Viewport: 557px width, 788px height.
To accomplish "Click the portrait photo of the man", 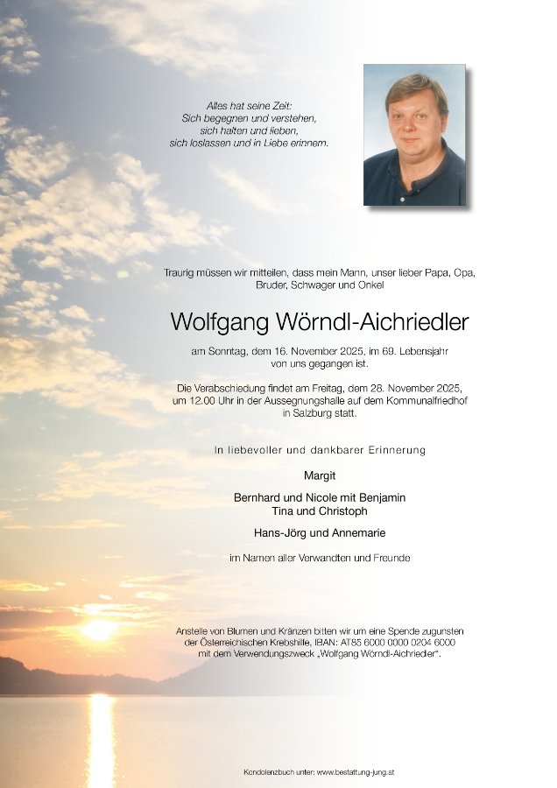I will [x=414, y=135].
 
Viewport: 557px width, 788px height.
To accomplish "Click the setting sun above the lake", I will [x=98, y=629].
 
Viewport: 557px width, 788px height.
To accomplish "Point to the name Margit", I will [x=320, y=476].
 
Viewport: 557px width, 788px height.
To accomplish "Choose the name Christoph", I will [x=339, y=511].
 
